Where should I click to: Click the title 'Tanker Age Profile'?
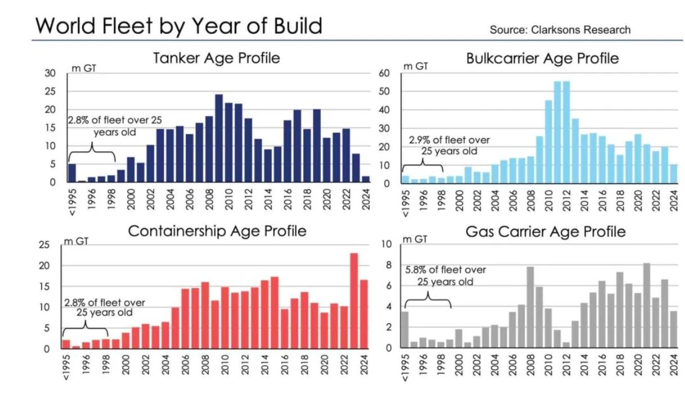[x=217, y=58]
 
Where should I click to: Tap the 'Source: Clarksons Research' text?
[x=560, y=30]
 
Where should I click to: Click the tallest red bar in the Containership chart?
[x=353, y=301]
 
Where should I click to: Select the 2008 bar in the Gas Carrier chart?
[x=530, y=307]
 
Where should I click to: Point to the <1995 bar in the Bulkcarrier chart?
[x=405, y=180]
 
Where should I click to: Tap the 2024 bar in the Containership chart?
[x=364, y=314]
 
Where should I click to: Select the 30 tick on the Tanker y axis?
[x=51, y=73]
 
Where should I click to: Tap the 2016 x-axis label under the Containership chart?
[x=284, y=364]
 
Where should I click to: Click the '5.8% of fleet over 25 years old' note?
[x=445, y=276]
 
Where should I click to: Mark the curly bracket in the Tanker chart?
[x=92, y=154]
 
